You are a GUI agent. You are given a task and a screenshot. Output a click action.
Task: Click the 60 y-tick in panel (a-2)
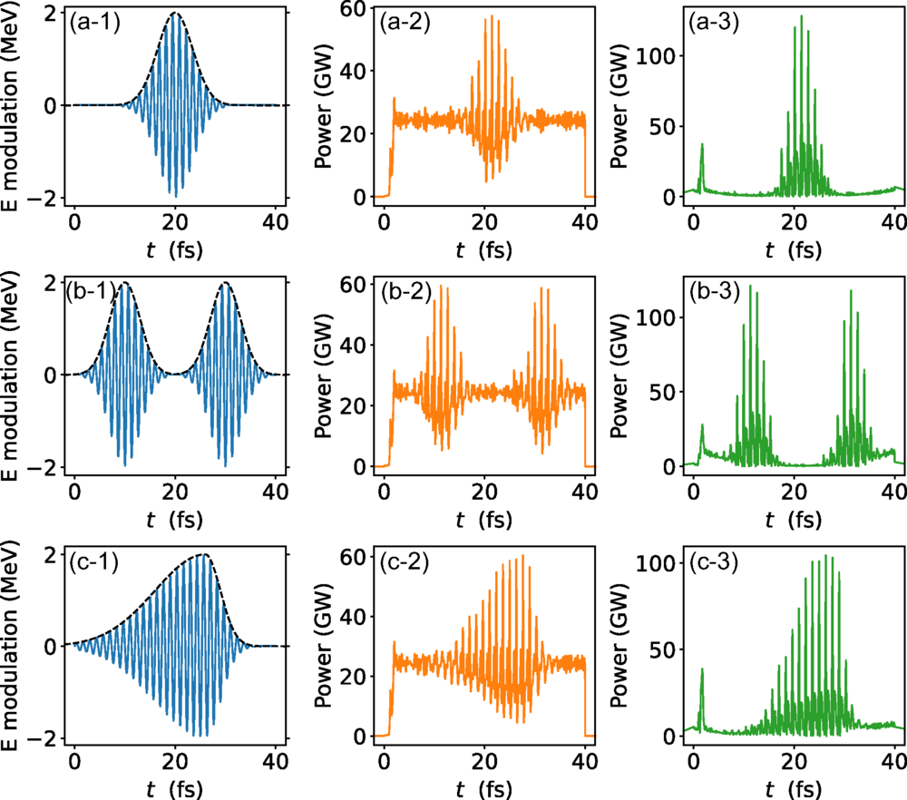coord(354,12)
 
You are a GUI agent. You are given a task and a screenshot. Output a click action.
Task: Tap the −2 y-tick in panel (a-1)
coord(51,197)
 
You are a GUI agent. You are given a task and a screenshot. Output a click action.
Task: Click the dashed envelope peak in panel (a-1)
coord(175,14)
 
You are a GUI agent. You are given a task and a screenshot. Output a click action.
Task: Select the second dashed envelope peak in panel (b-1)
coord(225,283)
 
